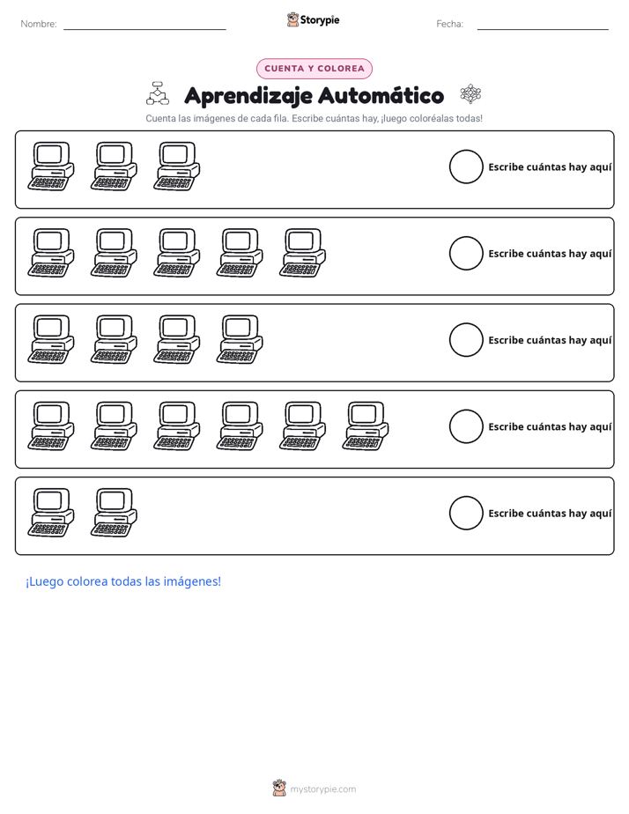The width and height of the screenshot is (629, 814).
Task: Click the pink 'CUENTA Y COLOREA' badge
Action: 314,69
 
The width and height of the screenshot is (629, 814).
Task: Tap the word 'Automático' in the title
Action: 381,95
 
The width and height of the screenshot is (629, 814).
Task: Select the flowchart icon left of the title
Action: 158,92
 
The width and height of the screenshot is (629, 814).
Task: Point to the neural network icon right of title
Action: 470,94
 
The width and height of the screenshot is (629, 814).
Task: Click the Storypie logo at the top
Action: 313,19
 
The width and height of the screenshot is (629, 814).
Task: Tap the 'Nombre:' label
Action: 39,24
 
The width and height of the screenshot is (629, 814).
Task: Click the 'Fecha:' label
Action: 449,24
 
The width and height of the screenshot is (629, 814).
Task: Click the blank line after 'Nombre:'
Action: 144,29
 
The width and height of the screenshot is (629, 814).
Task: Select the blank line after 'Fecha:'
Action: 543,29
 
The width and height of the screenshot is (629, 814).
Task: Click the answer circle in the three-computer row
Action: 466,166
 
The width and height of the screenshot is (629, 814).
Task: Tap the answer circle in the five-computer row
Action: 466,254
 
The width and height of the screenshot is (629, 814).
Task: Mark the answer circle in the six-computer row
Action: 466,426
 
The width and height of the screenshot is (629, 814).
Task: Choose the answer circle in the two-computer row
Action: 466,513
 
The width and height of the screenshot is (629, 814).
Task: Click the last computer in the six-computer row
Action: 366,425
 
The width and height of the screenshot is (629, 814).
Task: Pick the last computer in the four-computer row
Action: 240,339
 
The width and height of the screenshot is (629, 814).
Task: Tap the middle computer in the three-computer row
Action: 114,166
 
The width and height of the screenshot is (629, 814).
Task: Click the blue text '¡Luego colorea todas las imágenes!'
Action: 123,581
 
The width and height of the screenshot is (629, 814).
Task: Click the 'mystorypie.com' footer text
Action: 322,789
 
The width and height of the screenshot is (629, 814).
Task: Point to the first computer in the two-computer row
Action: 51,513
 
